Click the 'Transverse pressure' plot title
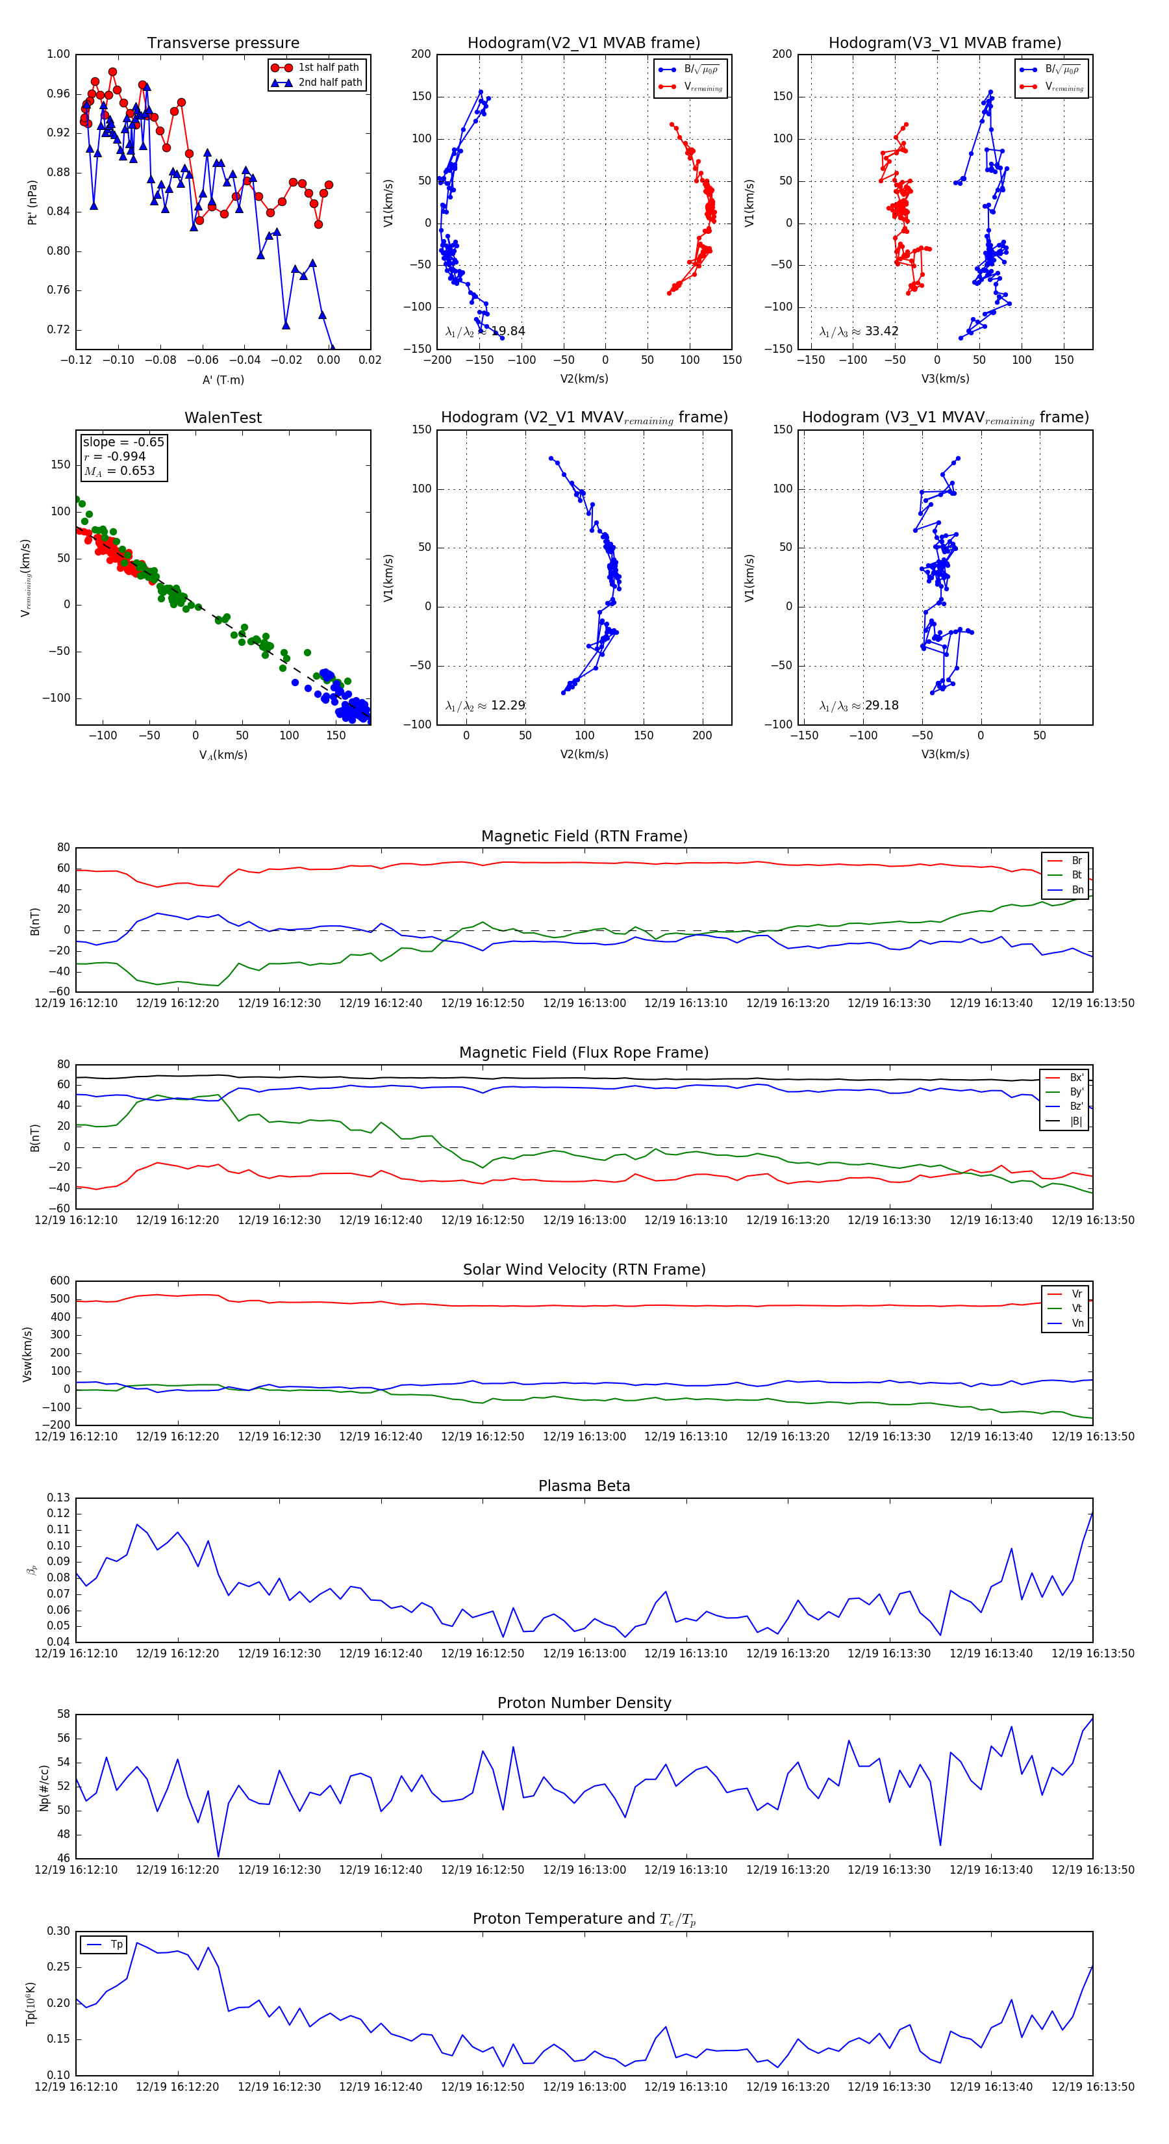tap(223, 44)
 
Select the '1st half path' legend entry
tap(328, 68)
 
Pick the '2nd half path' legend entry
tap(329, 83)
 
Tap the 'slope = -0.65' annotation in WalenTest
tap(123, 442)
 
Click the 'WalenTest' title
tap(223, 418)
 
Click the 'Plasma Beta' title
tap(584, 1486)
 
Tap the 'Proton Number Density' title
tap(584, 1703)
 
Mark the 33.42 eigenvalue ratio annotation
tap(859, 331)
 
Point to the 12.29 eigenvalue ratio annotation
tap(485, 706)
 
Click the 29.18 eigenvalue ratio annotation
tap(859, 706)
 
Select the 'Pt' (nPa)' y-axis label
tap(32, 202)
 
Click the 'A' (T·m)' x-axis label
tap(223, 379)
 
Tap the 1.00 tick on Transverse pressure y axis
tap(58, 54)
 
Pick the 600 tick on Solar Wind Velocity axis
tap(60, 1281)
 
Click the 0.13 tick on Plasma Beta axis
tap(58, 1498)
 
